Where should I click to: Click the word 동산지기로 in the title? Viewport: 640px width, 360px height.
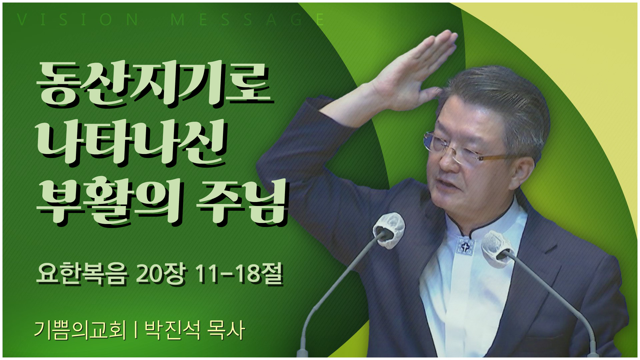[x=155, y=84]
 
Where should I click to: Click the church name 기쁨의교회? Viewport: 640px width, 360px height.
[x=80, y=330]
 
